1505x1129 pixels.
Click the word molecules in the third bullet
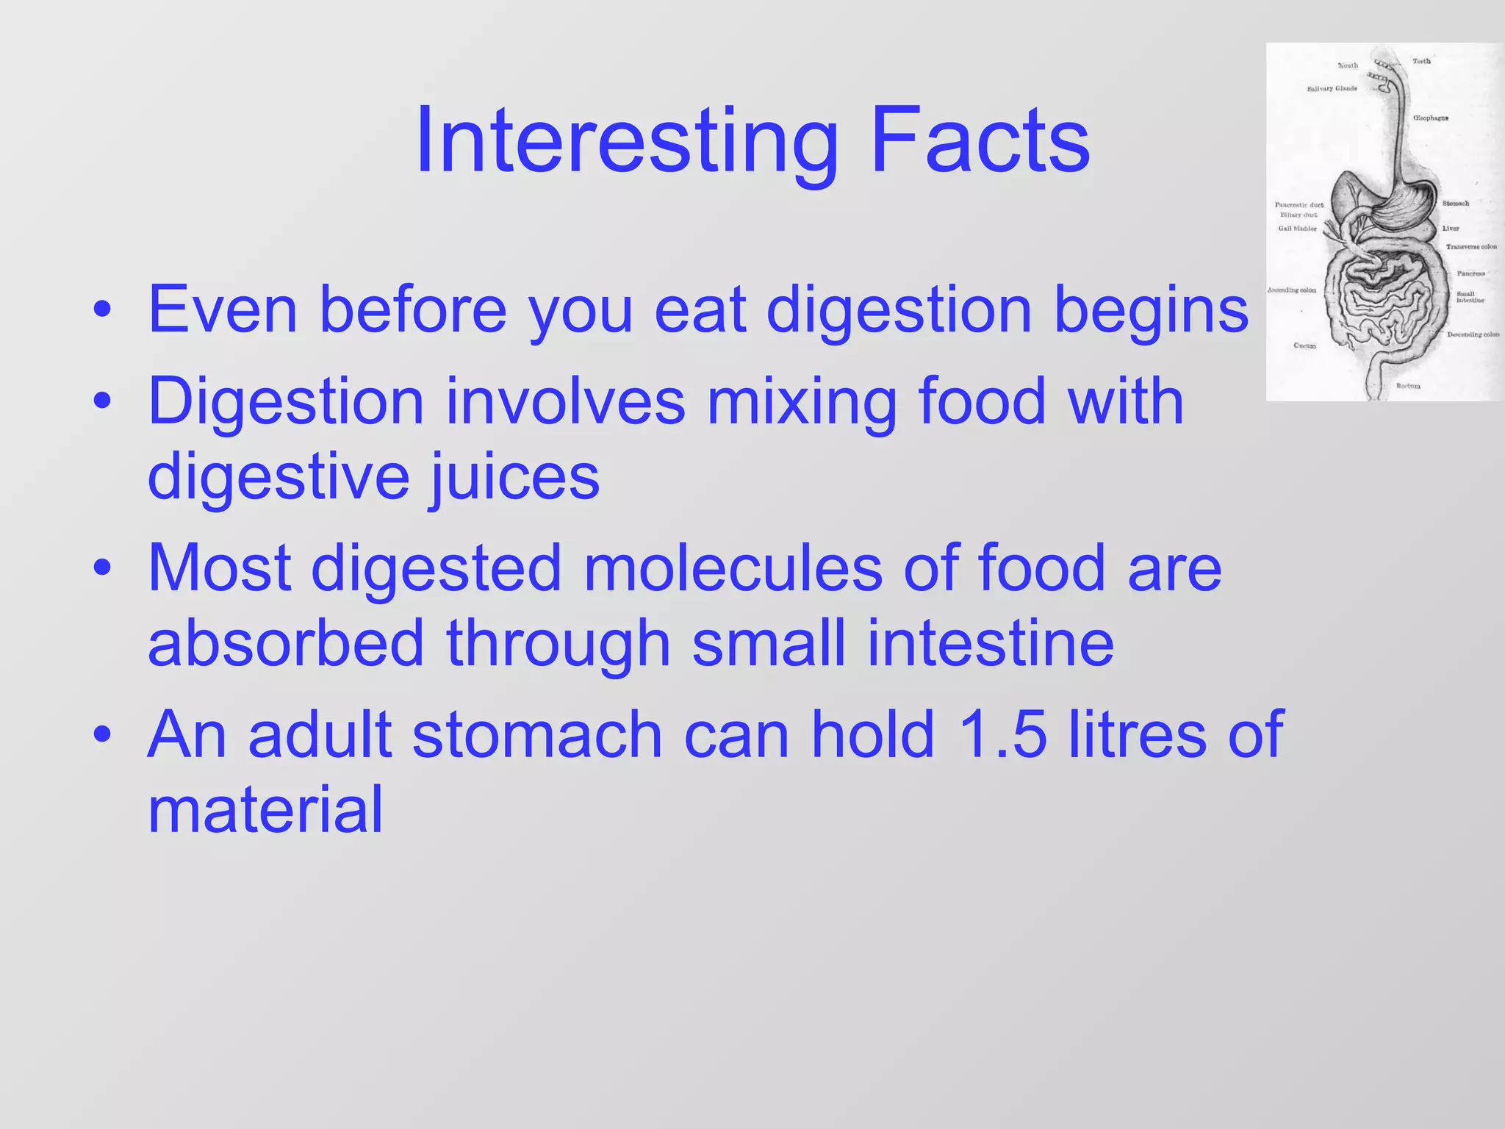[732, 567]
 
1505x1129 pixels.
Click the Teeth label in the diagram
[1421, 61]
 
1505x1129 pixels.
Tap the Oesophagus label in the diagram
[1430, 118]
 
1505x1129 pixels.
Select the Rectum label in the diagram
[1408, 385]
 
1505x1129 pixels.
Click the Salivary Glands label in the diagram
[1332, 89]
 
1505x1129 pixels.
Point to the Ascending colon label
[1292, 290]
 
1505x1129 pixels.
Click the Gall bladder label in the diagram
[1297, 229]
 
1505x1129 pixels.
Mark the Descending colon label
[1473, 334]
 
